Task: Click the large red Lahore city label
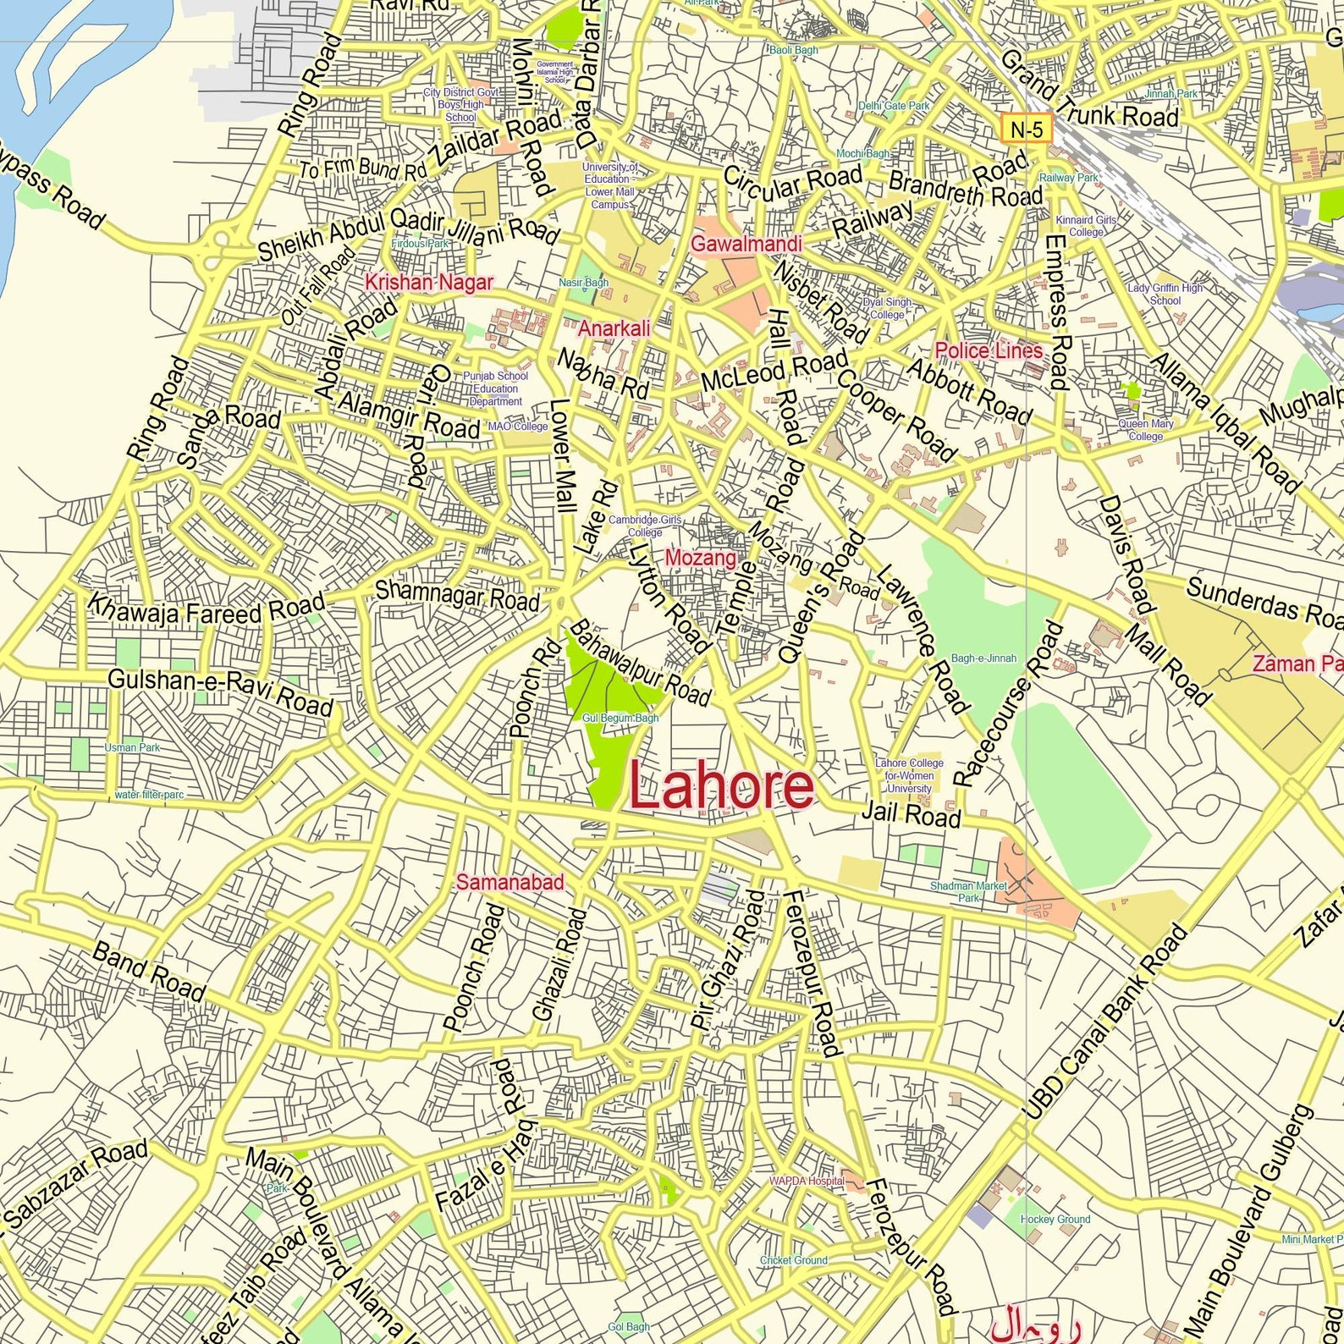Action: [x=721, y=787]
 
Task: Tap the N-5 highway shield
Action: [x=1027, y=129]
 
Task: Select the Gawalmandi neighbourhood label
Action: [x=746, y=244]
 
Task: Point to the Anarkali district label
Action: [x=614, y=328]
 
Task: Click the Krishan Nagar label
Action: [x=428, y=282]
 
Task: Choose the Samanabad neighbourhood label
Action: [x=510, y=883]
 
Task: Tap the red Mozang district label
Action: [x=700, y=558]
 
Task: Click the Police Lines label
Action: [x=989, y=350]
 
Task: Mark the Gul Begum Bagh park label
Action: [x=620, y=718]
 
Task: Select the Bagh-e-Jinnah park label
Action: [x=983, y=658]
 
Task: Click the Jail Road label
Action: [x=911, y=814]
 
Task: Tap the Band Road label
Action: [x=149, y=972]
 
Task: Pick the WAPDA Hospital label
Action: [x=806, y=1181]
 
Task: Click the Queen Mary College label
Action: [x=1145, y=430]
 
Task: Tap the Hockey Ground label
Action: [x=1055, y=1219]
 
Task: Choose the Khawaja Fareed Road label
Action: [x=207, y=608]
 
